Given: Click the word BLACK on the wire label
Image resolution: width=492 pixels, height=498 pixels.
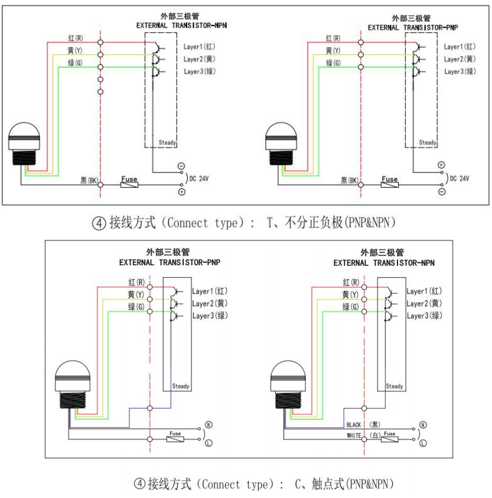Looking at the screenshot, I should coord(354,425).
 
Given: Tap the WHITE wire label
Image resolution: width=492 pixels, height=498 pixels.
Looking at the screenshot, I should coord(354,435).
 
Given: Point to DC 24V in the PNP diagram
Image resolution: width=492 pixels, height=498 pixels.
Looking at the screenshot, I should coord(460,178).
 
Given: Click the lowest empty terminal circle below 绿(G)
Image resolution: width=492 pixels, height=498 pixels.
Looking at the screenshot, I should coord(100,92).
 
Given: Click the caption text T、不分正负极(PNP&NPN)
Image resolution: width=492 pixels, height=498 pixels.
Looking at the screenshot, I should coord(331,223).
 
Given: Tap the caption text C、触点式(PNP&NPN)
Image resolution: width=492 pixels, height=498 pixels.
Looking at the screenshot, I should coord(344,484).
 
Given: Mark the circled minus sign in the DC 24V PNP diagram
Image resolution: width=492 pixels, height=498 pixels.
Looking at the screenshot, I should coord(442,193).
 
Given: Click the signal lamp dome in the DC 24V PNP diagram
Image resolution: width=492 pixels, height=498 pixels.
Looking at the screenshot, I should coord(278,132).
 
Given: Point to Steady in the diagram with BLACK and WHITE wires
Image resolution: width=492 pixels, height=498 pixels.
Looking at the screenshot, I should coord(395,386).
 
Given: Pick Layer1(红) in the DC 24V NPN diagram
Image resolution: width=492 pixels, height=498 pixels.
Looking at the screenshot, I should coord(201,46).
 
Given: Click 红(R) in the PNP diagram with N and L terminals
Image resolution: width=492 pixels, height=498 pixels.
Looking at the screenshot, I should coord(135,282).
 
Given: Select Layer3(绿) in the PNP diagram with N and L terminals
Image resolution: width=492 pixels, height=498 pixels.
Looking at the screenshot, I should coord(210,315).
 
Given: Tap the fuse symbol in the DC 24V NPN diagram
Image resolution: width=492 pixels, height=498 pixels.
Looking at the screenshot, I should coord(129,184).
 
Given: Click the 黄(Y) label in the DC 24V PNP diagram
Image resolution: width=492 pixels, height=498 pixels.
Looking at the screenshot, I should coord(333,51).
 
